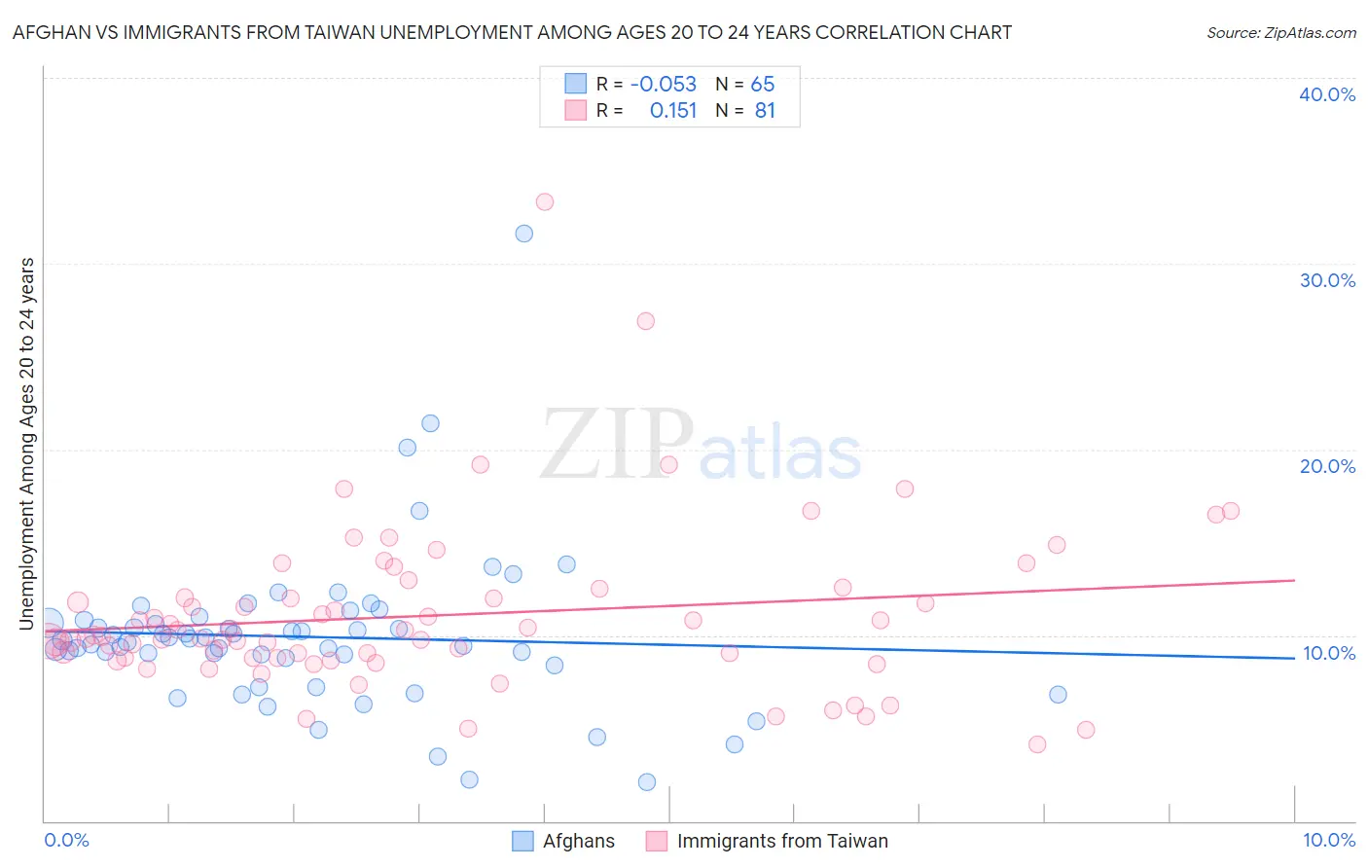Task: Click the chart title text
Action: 512,32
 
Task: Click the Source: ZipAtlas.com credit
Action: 1280,32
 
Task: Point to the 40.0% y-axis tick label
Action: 1327,94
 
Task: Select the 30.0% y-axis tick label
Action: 1327,280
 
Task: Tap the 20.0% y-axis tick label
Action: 1327,466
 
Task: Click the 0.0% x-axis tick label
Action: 66,840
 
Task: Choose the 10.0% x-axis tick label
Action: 1327,840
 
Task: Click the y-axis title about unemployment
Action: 27,444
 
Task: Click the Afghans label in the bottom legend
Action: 579,841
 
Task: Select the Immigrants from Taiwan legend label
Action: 782,841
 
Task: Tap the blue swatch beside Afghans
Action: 522,841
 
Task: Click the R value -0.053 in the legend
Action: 664,84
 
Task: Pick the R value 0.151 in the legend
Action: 673,111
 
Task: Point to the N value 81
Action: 765,111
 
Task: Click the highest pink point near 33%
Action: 545,202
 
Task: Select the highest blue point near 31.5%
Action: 524,234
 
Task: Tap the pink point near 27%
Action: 645,321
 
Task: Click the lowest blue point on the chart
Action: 647,782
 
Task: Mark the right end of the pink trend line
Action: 1294,580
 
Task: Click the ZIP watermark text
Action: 617,446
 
